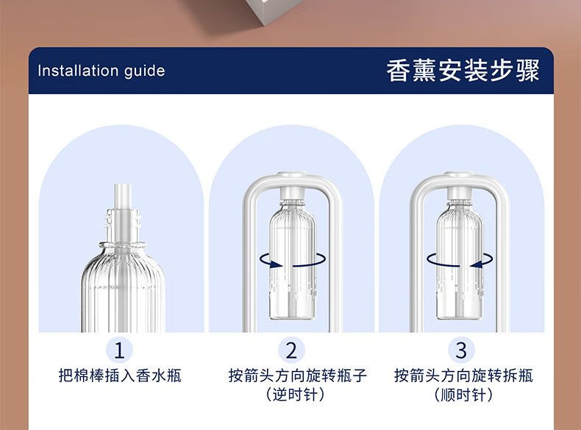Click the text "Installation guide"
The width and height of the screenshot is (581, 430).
tap(101, 71)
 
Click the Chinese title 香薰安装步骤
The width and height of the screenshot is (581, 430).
tap(463, 71)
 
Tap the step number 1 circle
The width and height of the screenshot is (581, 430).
tap(119, 350)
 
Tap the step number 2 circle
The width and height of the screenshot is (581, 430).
tap(291, 350)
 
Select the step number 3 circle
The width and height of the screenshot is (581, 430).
tap(461, 350)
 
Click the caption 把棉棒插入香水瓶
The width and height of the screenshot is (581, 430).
tap(120, 376)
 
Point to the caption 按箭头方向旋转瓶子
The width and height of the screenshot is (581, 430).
tap(298, 376)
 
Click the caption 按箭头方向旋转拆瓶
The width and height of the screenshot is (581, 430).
tap(463, 376)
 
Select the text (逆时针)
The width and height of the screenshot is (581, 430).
tap(296, 395)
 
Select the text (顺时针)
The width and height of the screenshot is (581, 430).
tap(463, 395)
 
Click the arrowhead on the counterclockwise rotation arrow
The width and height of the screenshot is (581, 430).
tap(274, 264)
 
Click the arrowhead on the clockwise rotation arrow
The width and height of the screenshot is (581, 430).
tap(477, 264)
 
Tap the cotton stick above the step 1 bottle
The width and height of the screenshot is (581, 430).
tap(123, 197)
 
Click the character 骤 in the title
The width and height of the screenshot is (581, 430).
tap(527, 71)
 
